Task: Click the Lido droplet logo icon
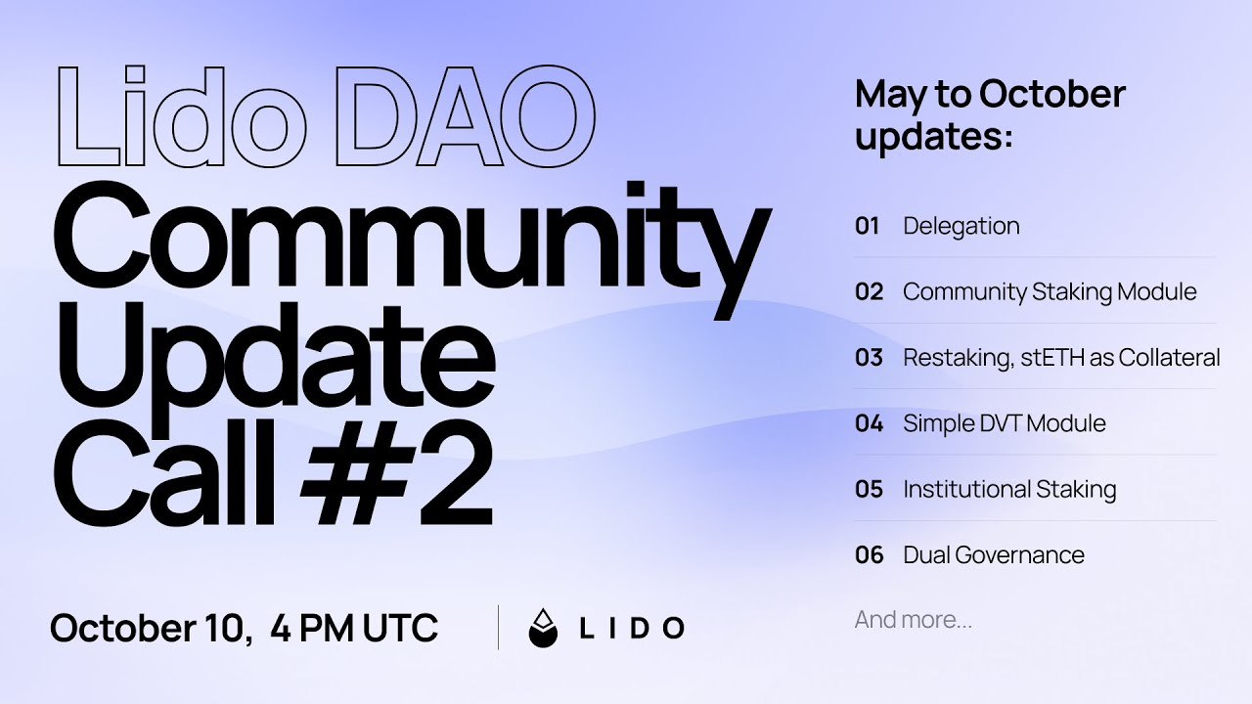click(543, 628)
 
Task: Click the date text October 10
click(147, 628)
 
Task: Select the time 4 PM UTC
click(354, 628)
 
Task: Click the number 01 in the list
click(868, 226)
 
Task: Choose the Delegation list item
click(961, 226)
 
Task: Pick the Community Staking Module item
click(1049, 291)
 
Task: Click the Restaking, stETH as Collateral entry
click(1061, 357)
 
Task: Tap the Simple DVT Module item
click(1004, 423)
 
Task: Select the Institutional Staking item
click(1009, 489)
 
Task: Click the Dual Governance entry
click(993, 554)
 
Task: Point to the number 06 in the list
click(869, 554)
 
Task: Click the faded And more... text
click(913, 619)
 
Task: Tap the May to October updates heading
click(990, 114)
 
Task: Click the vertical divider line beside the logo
click(498, 628)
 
